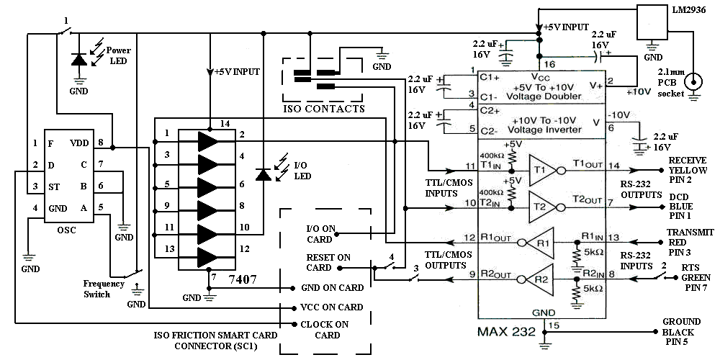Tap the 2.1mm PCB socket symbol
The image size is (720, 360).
click(x=694, y=81)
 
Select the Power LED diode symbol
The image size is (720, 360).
click(x=78, y=61)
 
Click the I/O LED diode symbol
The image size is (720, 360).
click(x=264, y=174)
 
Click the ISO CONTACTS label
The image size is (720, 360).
click(x=323, y=109)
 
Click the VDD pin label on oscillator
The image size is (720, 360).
click(x=79, y=143)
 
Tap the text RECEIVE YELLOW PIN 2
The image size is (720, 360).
click(x=690, y=170)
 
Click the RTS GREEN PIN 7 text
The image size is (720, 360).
click(x=690, y=278)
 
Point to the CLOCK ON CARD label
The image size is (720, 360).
click(x=327, y=330)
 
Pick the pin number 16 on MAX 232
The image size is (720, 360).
click(x=546, y=63)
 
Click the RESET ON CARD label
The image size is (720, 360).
click(x=328, y=262)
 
